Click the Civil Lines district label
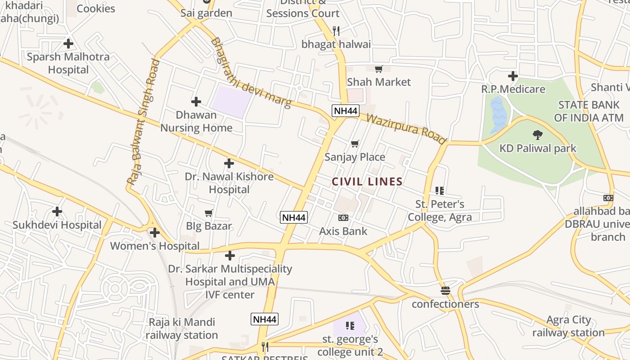367,182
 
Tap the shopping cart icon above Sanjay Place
355,144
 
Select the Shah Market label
379,82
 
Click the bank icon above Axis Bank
343,218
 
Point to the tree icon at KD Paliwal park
537,134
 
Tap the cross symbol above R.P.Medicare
513,76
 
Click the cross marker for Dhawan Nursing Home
196,102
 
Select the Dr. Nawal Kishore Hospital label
229,183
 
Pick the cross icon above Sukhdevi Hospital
57,211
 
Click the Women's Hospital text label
155,246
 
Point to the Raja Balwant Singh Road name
143,121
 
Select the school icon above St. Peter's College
440,191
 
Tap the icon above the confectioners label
445,291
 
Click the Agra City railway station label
569,326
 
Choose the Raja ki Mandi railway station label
182,328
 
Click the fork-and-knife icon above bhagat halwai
336,31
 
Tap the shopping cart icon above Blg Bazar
208,213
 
